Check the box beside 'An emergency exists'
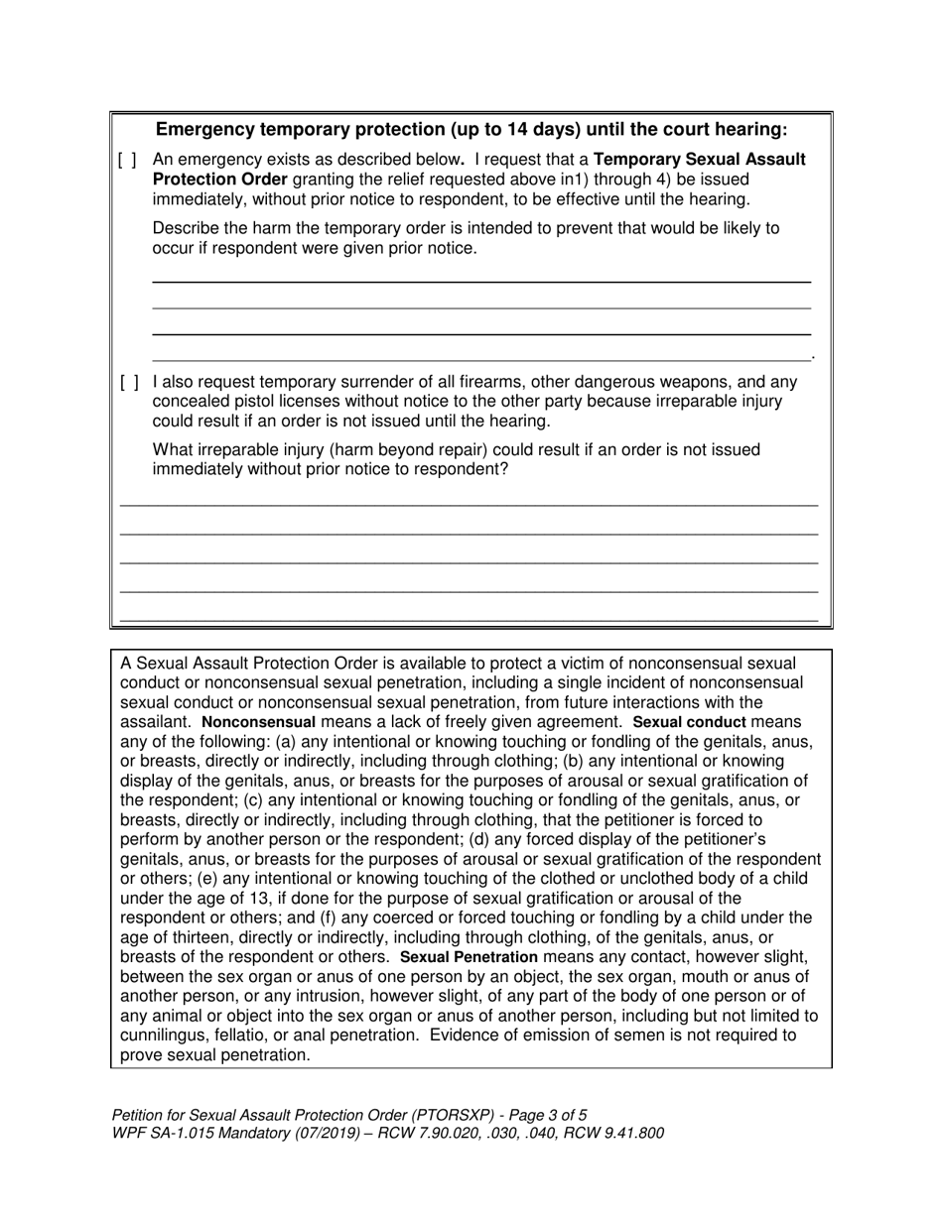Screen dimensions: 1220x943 pos(128,160)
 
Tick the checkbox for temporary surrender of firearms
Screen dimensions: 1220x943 pos(128,382)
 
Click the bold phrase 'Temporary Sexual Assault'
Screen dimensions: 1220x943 pos(700,160)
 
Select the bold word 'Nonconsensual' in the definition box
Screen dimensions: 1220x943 pos(258,723)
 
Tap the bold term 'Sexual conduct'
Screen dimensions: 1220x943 pos(689,723)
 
